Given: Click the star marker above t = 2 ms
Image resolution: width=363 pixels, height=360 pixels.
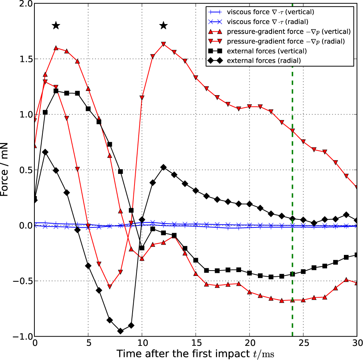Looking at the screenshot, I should [56, 26].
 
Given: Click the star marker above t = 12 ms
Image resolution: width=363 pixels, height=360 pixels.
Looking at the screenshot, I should [164, 26].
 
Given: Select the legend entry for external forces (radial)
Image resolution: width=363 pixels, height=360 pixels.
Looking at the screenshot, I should [263, 61].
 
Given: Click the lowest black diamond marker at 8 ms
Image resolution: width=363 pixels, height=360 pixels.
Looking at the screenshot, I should [120, 331].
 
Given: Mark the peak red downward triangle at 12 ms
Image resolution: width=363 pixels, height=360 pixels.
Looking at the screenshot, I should [164, 44].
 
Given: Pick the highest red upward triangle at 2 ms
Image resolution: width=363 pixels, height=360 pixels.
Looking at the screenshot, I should [56, 48].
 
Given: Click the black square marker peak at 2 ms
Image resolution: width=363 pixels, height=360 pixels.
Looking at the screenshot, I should [56, 91].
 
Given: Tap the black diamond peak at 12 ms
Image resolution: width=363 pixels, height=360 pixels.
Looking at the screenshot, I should [164, 167].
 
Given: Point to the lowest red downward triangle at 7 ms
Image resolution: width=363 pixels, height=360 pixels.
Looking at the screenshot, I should [110, 286].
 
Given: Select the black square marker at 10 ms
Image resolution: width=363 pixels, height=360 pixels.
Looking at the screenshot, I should [142, 248].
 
